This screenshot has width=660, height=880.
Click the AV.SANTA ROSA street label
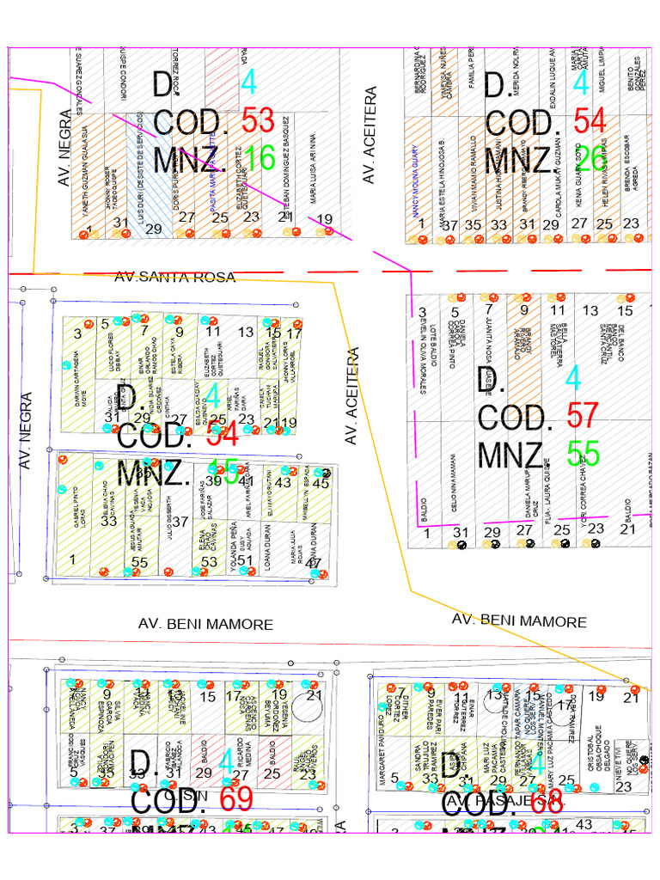pyautogui.click(x=174, y=277)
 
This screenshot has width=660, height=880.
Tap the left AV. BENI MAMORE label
pyautogui.click(x=205, y=625)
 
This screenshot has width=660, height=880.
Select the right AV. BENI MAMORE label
pyautogui.click(x=519, y=621)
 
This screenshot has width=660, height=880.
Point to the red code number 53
pyautogui.click(x=258, y=121)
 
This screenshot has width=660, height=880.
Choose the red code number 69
pyautogui.click(x=236, y=799)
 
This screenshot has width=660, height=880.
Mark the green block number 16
pyautogui.click(x=259, y=159)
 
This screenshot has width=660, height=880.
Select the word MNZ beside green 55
pyautogui.click(x=510, y=453)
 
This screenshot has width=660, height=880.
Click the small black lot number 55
pyautogui.click(x=139, y=563)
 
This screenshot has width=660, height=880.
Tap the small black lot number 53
pyautogui.click(x=210, y=562)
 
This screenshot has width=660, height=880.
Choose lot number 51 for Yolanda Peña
pyautogui.click(x=246, y=561)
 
